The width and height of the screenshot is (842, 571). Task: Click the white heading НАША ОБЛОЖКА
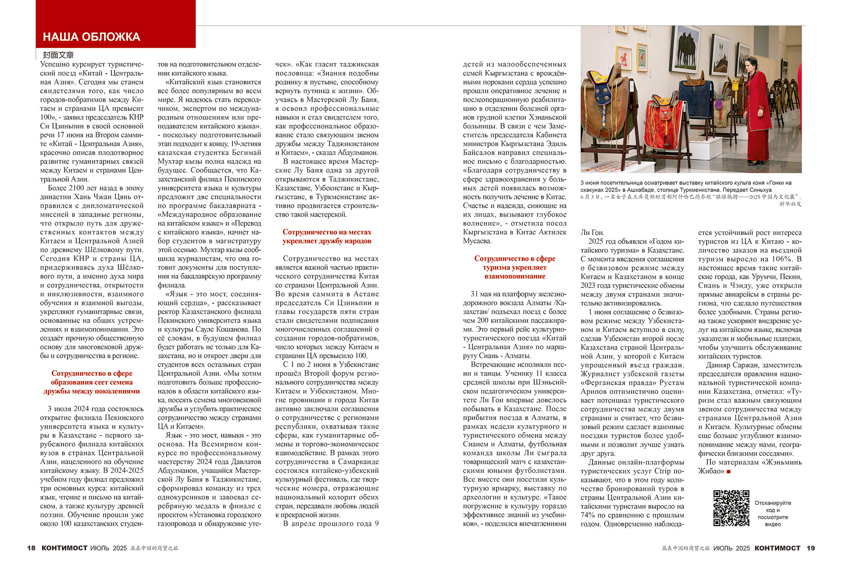pos(91,37)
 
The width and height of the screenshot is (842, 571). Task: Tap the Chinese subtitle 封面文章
pos(58,55)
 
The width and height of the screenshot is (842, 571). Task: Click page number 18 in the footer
pos(31,548)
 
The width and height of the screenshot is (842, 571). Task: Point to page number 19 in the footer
pos(810,548)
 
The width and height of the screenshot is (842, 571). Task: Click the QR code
pos(731,508)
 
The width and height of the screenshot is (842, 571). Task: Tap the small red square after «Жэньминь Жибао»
pos(728,472)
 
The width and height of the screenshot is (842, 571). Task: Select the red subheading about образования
pos(92,382)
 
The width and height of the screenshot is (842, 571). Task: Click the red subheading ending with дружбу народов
pos(327,237)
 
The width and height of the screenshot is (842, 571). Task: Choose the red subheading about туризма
pos(514,267)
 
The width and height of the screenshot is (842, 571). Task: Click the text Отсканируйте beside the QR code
pos(773,503)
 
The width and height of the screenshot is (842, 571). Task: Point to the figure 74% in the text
pos(588,515)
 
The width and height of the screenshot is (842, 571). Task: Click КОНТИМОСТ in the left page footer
pos(64,548)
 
